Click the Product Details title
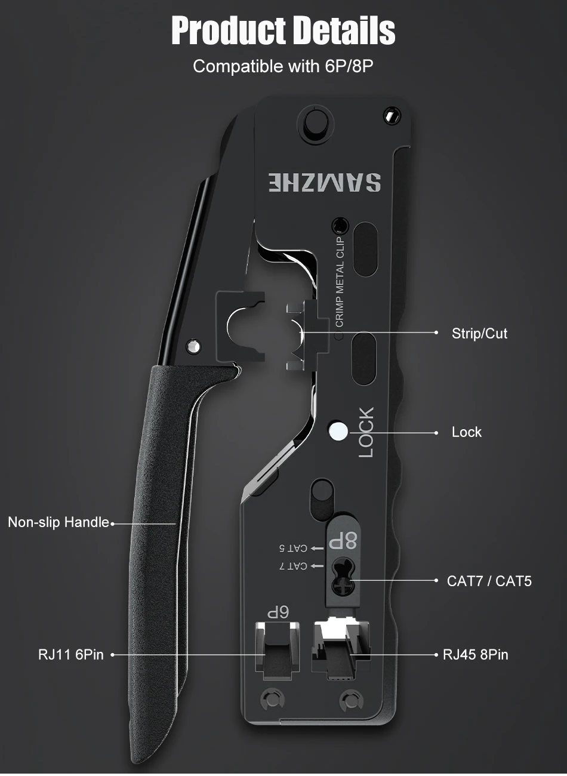(x=283, y=31)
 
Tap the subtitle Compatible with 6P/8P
(x=283, y=66)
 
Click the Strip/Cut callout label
(x=479, y=333)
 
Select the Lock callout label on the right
(x=466, y=432)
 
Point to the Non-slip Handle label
(x=58, y=522)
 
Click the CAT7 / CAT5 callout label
(x=489, y=581)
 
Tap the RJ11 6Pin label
(x=71, y=655)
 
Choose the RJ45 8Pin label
(x=475, y=655)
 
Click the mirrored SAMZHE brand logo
(x=324, y=183)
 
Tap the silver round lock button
(x=338, y=432)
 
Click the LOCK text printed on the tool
(x=366, y=432)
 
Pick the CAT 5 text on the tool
(x=293, y=547)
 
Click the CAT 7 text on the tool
(x=293, y=565)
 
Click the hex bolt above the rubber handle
(x=193, y=345)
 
